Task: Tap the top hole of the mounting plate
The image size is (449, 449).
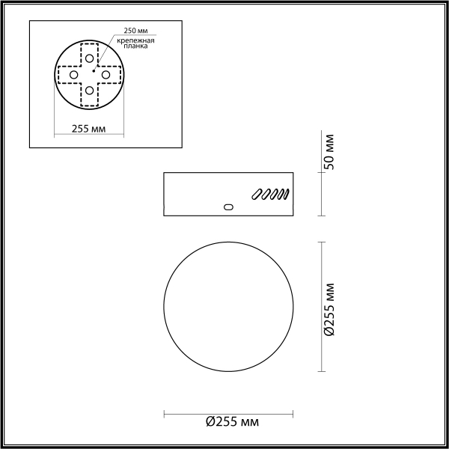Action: (89, 58)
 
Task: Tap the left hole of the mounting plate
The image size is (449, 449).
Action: (73, 75)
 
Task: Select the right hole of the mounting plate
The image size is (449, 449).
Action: (106, 75)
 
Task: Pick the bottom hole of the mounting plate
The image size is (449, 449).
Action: (89, 91)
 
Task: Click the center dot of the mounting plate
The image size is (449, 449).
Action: (93, 70)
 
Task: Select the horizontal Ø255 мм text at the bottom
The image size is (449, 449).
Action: (233, 422)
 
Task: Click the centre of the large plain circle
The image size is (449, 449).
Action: (228, 306)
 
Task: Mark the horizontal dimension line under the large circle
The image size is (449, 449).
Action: (228, 412)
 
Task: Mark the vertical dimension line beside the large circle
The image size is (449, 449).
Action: (321, 306)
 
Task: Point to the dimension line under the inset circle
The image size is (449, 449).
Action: (88, 135)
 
